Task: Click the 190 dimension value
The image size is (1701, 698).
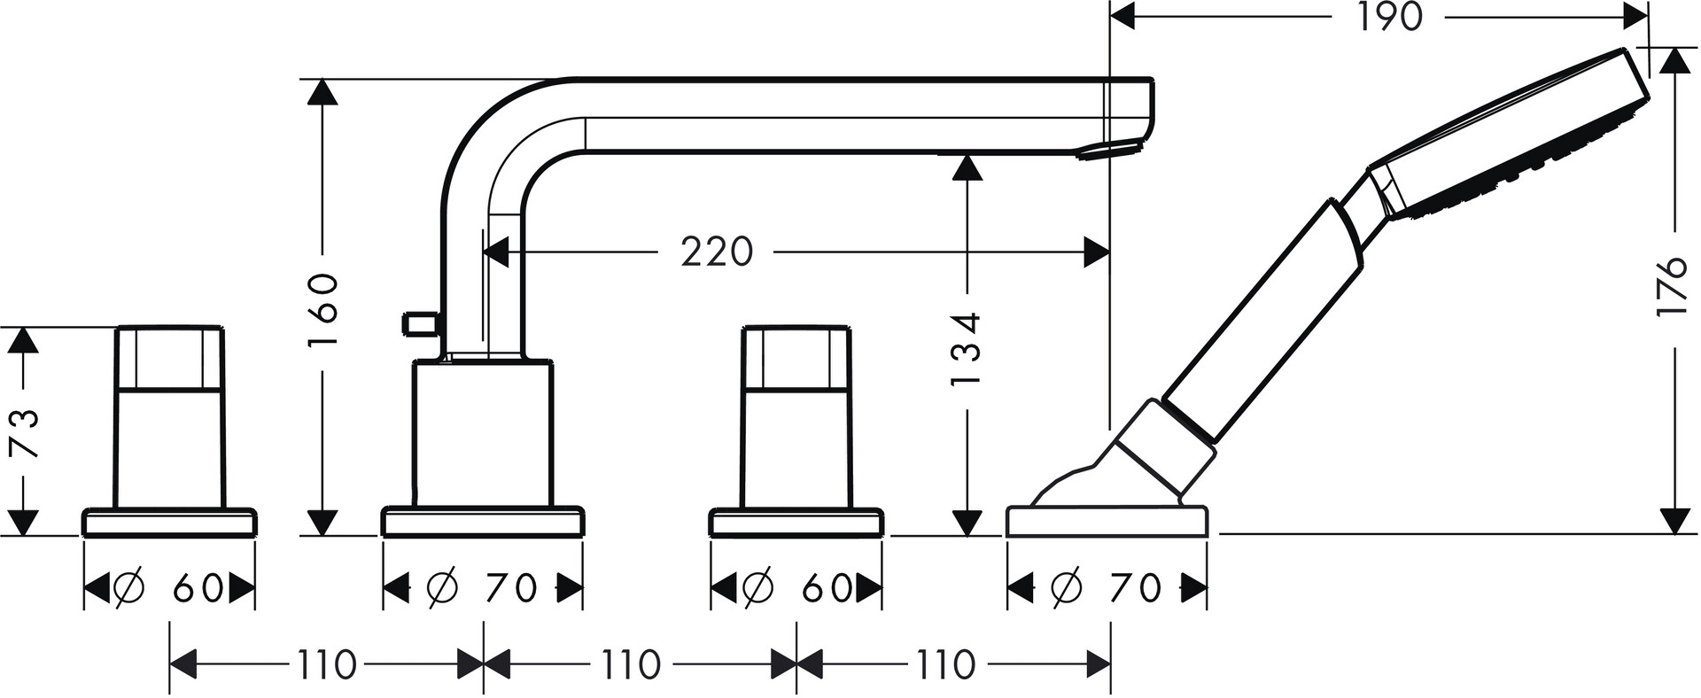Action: (x=1389, y=17)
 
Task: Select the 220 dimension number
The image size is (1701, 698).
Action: (x=717, y=252)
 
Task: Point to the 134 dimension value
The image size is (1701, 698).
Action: (x=966, y=348)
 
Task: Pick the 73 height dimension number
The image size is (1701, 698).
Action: (x=27, y=433)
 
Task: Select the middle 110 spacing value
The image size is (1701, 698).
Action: (x=632, y=664)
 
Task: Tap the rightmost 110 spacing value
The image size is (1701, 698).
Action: (x=945, y=664)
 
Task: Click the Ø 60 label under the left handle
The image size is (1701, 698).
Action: (x=169, y=587)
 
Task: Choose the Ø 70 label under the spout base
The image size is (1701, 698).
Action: (x=482, y=587)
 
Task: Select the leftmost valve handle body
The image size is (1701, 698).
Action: (x=170, y=416)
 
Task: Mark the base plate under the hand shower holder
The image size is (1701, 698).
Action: (x=1107, y=521)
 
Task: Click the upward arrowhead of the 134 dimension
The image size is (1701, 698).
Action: (x=967, y=167)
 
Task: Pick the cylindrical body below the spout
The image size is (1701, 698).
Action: (x=483, y=434)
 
